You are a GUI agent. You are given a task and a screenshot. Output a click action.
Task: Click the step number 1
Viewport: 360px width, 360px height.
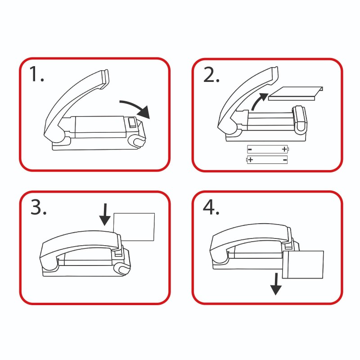(36, 74)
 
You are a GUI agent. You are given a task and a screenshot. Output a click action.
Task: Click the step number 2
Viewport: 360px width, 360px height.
(211, 75)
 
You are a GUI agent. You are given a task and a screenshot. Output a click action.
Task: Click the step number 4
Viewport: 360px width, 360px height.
(211, 207)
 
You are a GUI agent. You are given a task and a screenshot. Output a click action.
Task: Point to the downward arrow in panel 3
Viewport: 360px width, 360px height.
(105, 215)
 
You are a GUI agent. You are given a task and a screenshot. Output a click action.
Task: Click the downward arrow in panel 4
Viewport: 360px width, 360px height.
(276, 284)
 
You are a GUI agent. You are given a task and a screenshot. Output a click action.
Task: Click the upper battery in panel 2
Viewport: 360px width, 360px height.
(268, 149)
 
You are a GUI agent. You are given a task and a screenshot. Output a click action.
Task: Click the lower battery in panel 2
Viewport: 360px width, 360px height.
(267, 160)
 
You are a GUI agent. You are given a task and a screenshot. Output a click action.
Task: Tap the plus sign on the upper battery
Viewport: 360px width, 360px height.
(284, 149)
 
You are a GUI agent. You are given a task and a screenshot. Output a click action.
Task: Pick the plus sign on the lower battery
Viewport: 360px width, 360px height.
(251, 160)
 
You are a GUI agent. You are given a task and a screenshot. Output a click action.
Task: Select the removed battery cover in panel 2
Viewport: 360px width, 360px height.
(296, 94)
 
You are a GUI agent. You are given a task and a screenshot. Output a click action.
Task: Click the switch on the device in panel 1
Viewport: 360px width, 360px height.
(132, 122)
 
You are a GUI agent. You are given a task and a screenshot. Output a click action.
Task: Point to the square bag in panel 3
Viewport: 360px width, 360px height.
(134, 227)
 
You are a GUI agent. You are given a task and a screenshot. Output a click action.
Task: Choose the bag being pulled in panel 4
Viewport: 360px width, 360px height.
(303, 265)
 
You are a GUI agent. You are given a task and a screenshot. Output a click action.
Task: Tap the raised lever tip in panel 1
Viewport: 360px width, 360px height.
(105, 78)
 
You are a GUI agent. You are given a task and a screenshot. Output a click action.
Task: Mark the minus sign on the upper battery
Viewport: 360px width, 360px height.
(250, 150)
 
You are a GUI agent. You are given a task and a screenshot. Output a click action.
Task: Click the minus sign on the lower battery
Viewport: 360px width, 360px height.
(285, 160)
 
